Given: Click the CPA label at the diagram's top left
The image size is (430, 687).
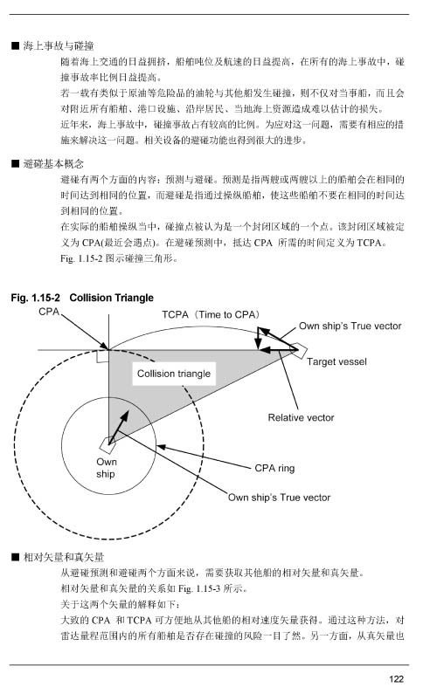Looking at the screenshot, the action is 49,312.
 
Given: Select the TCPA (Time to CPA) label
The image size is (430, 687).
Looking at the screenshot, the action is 212,314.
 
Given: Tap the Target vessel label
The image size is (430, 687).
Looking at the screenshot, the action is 336,362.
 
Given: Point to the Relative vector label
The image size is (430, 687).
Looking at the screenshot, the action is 301,417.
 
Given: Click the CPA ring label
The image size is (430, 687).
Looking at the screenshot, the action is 274,469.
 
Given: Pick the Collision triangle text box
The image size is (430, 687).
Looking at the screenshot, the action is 174,374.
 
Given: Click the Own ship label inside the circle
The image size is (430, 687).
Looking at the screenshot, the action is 106,468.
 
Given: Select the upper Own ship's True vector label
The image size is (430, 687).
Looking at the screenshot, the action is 350,326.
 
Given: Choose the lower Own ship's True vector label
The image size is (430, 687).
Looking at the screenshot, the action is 279,498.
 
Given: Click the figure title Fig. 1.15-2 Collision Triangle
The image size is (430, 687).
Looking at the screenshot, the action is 82,298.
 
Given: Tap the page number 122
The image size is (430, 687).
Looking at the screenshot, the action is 396,678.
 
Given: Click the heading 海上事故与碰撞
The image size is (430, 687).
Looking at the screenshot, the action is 59,46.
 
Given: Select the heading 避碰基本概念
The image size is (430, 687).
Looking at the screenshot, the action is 53,164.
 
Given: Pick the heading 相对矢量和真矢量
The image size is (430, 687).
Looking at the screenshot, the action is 64,557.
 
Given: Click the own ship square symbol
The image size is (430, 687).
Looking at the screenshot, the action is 107,445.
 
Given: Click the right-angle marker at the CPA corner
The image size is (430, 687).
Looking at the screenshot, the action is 102,356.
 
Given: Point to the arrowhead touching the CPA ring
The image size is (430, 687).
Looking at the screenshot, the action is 161,447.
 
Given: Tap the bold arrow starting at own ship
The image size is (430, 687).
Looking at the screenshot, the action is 119,427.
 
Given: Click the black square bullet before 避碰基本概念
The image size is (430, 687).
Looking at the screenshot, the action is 16,164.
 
